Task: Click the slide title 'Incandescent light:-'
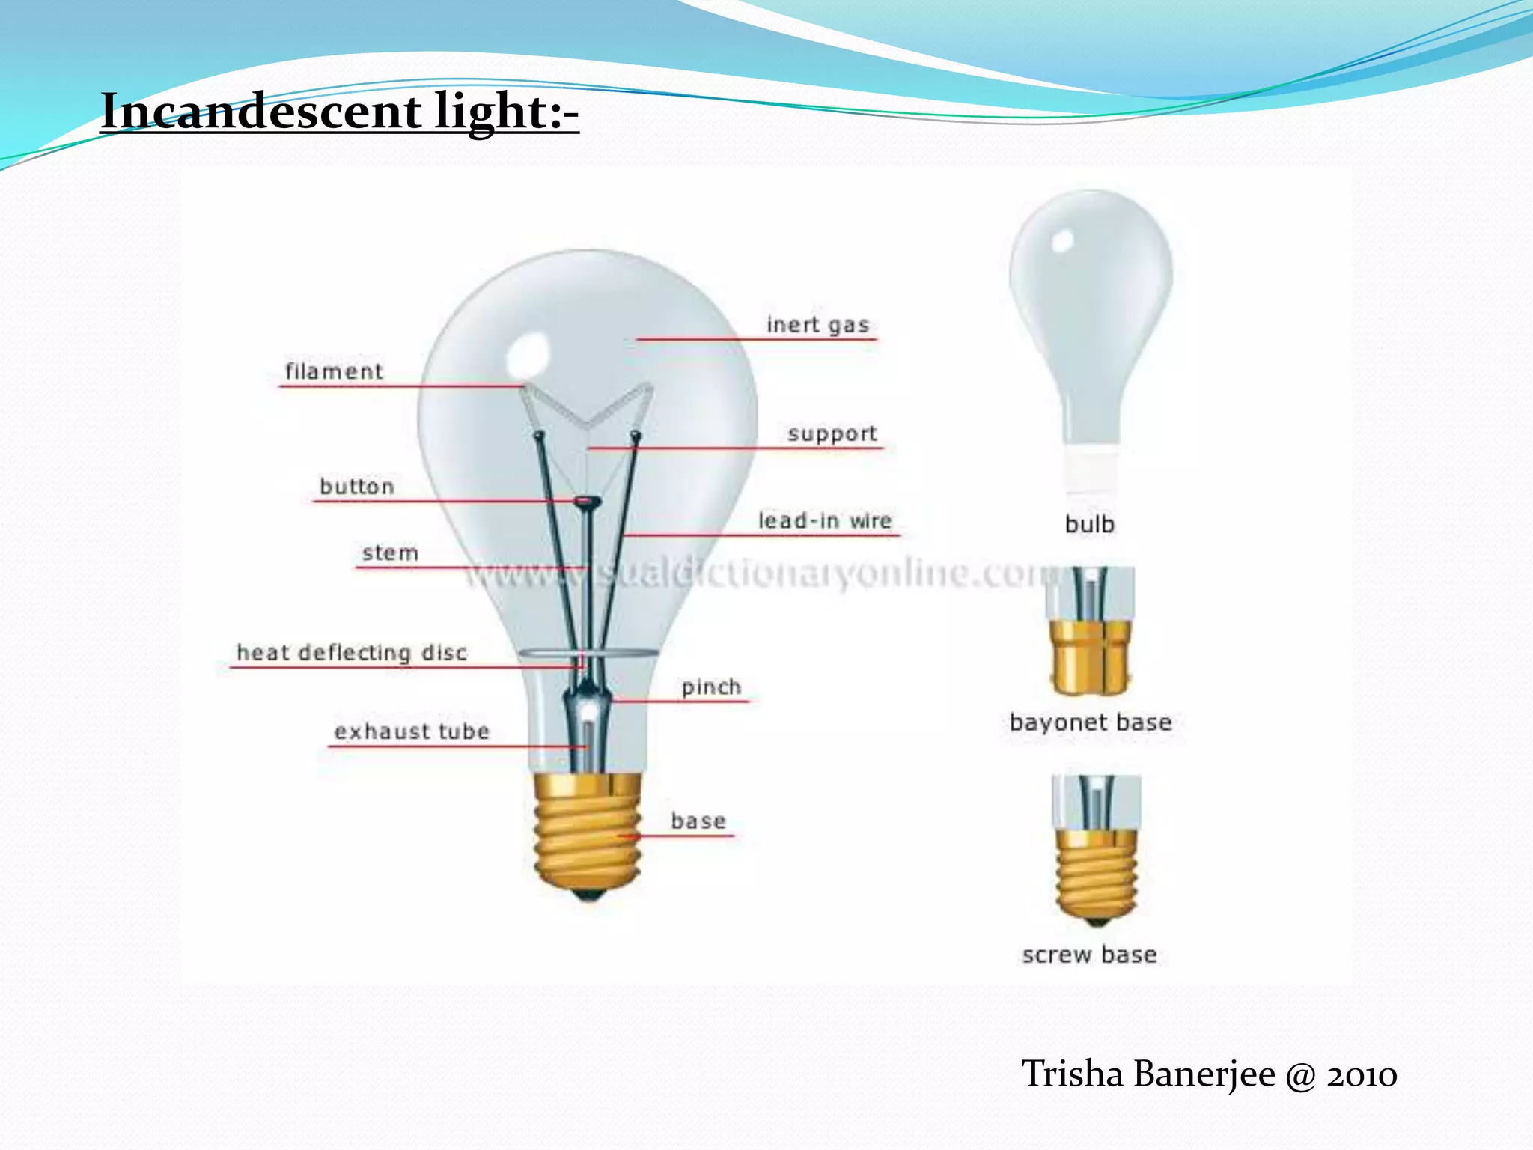pos(339,112)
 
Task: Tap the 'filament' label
pos(334,371)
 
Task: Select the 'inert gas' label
pos(817,325)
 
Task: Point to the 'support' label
pos(832,433)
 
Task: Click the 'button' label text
pos(357,487)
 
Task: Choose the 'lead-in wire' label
pos(825,520)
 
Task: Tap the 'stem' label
pos(390,553)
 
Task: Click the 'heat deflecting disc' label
pos(352,653)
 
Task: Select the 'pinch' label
pos(711,687)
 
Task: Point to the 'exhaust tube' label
pos(412,731)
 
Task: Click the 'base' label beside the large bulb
pos(698,821)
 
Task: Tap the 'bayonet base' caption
pos(1090,722)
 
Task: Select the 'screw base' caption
pos(1089,955)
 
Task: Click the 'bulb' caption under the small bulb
pos(1090,524)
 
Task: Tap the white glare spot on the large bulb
pos(528,355)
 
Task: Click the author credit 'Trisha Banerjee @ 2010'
pos(1209,1074)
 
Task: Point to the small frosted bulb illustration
pos(1091,314)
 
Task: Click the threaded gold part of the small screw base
pos(1096,872)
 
